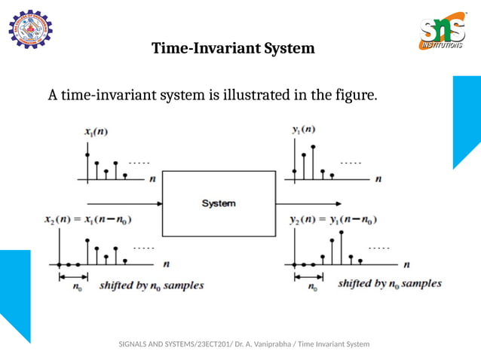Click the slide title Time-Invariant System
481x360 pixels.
233,49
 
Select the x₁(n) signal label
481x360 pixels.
96,132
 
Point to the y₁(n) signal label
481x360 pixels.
303,129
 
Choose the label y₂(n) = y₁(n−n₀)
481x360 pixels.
333,220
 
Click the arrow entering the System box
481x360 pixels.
125,203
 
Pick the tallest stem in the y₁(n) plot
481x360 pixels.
313,162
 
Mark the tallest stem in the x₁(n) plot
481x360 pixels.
88,166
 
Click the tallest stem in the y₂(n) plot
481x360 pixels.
342,247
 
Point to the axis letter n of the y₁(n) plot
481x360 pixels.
378,179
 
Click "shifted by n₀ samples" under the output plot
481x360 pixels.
389,284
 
